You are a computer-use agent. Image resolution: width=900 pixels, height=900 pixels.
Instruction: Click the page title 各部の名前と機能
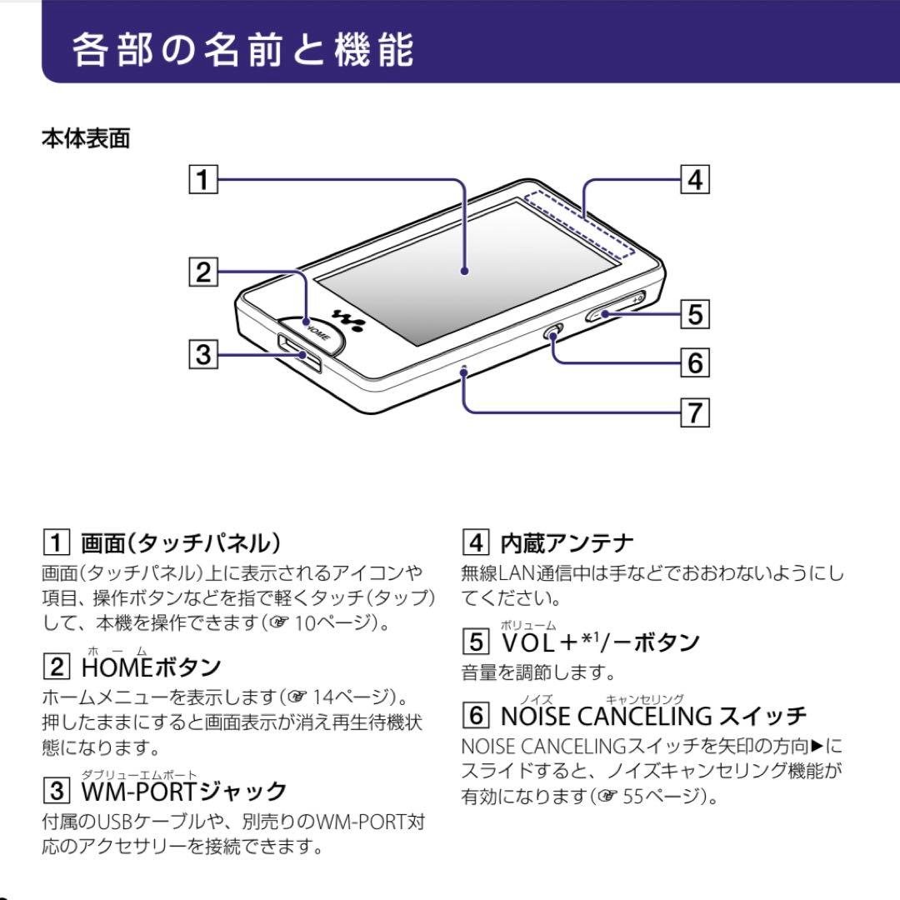tap(242, 49)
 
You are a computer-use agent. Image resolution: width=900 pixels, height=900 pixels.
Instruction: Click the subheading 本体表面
tap(86, 138)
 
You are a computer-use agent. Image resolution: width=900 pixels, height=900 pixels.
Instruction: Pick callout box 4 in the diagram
tap(694, 180)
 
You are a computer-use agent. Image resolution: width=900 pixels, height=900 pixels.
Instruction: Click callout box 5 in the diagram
tap(694, 314)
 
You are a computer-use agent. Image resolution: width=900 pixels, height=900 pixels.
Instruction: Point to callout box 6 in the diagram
tap(694, 363)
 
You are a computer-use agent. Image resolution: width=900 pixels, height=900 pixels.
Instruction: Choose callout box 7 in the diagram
tap(694, 412)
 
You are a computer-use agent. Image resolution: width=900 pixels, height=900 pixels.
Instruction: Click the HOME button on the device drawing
tap(315, 330)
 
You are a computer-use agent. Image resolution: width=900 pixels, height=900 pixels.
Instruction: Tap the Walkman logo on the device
tap(347, 318)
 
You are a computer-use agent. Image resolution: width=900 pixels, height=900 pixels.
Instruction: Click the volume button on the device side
tap(615, 306)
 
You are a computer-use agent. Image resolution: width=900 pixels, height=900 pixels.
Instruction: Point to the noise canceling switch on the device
tap(552, 332)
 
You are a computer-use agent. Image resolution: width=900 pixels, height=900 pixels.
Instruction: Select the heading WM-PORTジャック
tap(183, 790)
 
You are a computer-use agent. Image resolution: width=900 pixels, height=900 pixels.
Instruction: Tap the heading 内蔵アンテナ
tap(567, 543)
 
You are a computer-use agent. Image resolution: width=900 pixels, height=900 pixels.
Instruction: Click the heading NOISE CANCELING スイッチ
tap(653, 715)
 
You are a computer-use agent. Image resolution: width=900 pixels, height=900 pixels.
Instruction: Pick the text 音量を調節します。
tap(538, 672)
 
